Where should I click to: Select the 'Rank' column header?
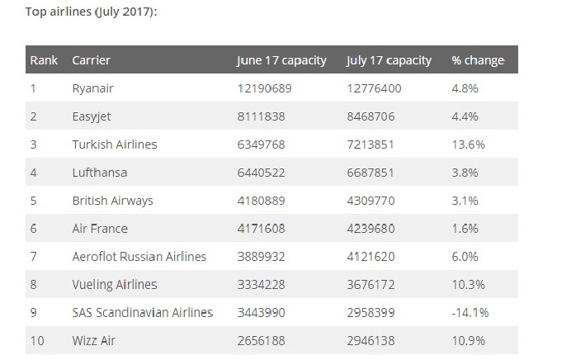click(x=43, y=60)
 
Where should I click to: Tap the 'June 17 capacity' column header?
click(x=281, y=60)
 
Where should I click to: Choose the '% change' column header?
click(x=478, y=60)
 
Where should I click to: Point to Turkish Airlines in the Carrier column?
click(x=114, y=144)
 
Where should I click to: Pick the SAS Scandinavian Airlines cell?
click(x=143, y=312)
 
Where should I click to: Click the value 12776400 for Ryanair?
click(x=377, y=88)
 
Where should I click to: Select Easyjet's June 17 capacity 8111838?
click(x=265, y=116)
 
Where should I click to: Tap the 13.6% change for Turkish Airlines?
click(x=468, y=144)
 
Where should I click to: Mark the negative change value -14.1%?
click(x=470, y=312)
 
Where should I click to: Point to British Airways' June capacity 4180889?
click(x=265, y=201)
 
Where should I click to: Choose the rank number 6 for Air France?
click(x=34, y=229)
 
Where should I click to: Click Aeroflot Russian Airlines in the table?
click(x=139, y=257)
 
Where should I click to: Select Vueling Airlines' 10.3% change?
click(x=468, y=285)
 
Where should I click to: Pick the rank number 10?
click(x=36, y=340)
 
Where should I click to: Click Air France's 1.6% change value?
click(x=465, y=229)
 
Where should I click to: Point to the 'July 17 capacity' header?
click(x=389, y=60)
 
